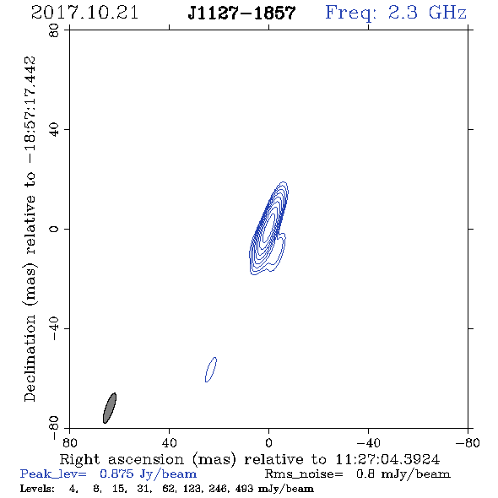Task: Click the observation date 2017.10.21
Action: (84, 13)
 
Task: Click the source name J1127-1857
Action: (241, 13)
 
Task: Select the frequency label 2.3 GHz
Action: (427, 13)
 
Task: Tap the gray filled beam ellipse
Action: (110, 409)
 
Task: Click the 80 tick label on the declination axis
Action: (54, 30)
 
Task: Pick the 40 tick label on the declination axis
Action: (54, 130)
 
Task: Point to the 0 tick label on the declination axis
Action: (54, 229)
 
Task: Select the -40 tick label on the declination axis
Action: (54, 328)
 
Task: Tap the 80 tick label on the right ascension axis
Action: (69, 443)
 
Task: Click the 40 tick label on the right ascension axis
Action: (169, 443)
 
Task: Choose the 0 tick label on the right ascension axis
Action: (268, 443)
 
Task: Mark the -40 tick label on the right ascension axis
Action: (368, 443)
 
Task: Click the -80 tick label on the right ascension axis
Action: (468, 443)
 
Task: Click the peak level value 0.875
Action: (116, 474)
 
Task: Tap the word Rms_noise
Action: (303, 474)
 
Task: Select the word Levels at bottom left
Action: (36, 489)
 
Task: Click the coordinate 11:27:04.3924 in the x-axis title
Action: (387, 459)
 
